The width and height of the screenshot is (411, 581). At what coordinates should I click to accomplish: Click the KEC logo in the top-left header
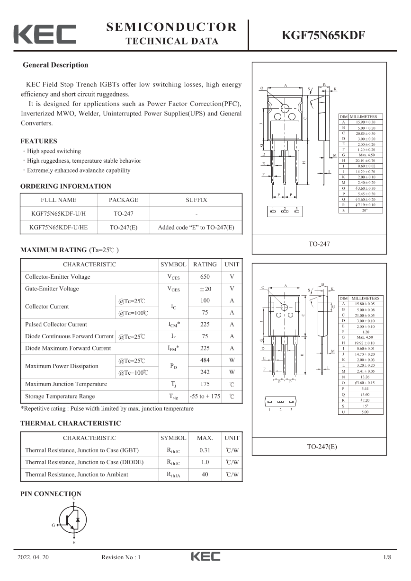coord(45,35)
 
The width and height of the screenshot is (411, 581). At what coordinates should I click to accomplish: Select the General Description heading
coord(55,65)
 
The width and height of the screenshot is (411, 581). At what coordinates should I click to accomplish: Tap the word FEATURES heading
coord(39,141)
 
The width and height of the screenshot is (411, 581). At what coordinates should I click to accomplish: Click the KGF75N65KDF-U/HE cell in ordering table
coord(58,227)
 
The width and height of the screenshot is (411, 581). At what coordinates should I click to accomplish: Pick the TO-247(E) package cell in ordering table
coord(124,227)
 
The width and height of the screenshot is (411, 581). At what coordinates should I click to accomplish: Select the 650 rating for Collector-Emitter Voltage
coord(205,277)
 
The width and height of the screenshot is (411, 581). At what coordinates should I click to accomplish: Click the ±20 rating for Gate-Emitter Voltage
coord(205,289)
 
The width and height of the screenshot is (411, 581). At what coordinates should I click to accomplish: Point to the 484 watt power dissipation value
coord(205,360)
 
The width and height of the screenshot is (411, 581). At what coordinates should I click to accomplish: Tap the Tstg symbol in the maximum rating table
coord(173,396)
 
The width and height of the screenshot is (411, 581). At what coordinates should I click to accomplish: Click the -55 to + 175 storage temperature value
coord(205,396)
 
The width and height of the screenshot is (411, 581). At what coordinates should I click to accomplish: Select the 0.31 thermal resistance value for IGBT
coord(205,450)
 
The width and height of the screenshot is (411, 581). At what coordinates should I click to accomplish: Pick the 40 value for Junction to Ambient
coord(205,474)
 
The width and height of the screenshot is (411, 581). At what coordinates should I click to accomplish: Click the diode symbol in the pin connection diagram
coord(78,519)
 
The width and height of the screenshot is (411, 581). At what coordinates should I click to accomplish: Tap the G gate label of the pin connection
coord(53,525)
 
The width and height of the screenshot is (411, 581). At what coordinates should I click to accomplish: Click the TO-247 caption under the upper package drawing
coord(319,244)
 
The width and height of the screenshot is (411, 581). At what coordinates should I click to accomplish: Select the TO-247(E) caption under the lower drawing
coord(319,446)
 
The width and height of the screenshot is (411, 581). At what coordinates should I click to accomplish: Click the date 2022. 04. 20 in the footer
coord(33,557)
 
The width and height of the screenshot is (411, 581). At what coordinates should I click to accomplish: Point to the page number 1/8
coord(387,557)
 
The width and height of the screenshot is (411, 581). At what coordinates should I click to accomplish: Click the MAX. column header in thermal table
coord(205,438)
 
